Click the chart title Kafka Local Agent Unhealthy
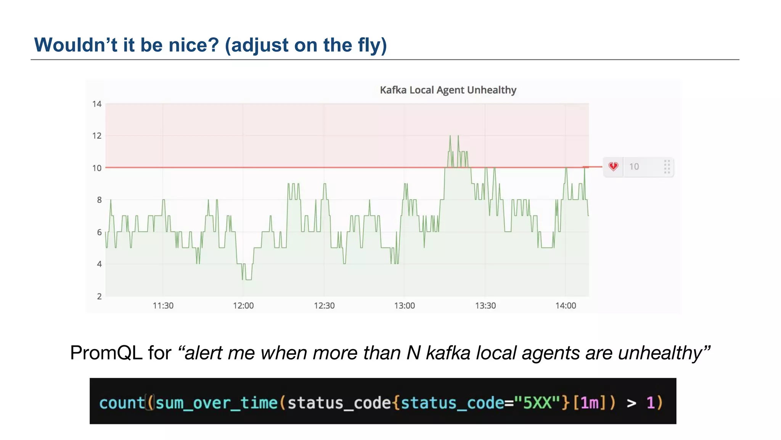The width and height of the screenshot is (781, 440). (x=448, y=90)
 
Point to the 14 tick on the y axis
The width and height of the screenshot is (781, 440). (x=97, y=104)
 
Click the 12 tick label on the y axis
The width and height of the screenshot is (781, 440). (x=97, y=136)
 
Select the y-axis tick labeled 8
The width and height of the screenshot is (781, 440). (x=99, y=200)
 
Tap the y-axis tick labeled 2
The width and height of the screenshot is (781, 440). (x=99, y=296)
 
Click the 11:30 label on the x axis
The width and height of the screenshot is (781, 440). (x=163, y=306)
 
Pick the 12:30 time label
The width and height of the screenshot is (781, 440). (x=324, y=306)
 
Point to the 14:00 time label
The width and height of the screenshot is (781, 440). (x=566, y=306)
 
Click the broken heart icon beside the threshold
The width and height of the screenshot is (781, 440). (x=613, y=167)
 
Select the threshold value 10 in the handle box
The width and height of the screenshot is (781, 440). (x=634, y=167)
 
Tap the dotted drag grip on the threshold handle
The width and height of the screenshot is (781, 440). (x=667, y=167)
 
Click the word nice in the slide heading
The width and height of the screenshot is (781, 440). (x=194, y=45)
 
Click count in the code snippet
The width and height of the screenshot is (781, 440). (x=122, y=403)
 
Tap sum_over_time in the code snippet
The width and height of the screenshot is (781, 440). (x=217, y=403)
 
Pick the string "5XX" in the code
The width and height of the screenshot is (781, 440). (x=537, y=403)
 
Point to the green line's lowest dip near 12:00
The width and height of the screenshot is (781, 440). (x=247, y=279)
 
